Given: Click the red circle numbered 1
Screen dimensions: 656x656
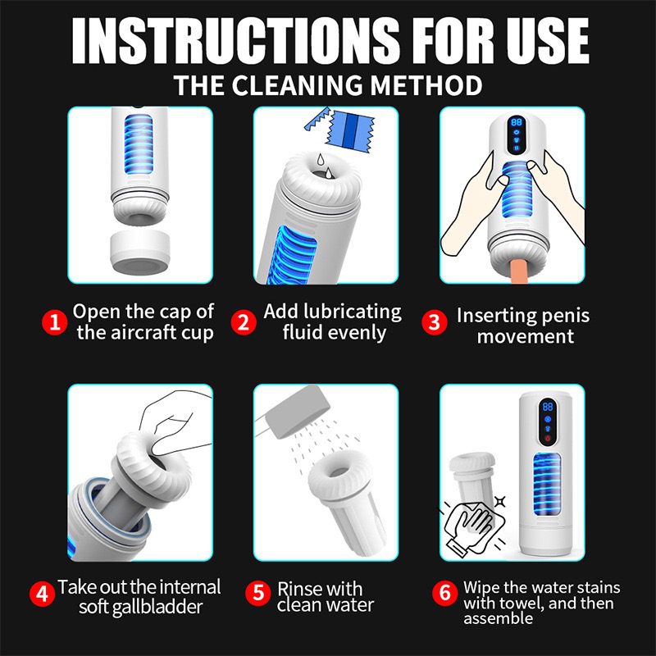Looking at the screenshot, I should coord(54,321).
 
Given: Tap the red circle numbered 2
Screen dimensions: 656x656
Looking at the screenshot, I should coord(243,321).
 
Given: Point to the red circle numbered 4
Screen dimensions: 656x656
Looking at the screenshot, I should coord(43,592).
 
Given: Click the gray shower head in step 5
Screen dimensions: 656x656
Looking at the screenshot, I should coord(291,411).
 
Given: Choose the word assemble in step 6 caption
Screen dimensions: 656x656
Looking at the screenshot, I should coord(498,618).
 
